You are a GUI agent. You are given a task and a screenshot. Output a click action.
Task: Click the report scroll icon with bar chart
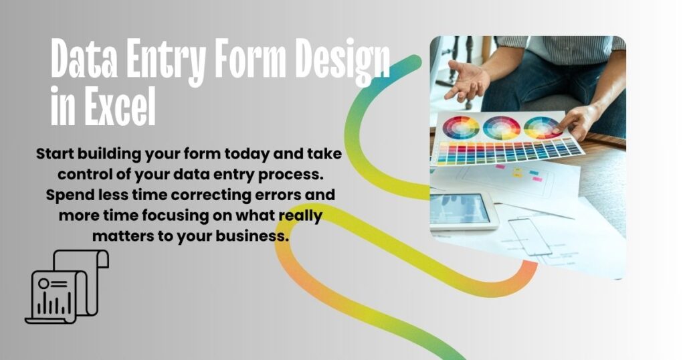(67, 287)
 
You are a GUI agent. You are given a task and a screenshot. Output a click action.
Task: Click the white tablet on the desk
(462, 209)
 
